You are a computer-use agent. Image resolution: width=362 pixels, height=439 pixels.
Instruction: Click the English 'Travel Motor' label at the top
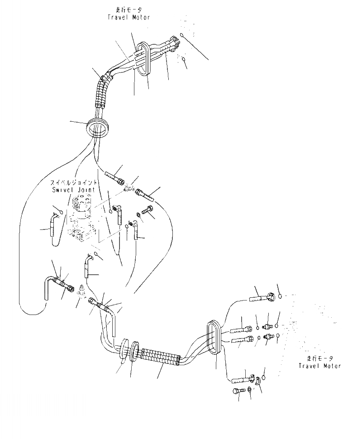click(129, 17)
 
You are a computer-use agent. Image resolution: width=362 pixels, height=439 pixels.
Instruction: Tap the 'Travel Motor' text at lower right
click(320, 366)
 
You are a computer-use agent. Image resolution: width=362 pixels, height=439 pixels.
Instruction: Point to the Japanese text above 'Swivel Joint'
click(73, 182)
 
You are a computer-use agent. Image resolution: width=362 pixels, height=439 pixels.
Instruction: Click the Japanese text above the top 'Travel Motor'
click(129, 10)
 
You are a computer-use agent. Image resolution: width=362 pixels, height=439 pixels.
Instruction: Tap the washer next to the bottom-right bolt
click(250, 390)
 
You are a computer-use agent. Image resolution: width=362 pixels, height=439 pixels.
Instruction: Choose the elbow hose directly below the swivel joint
click(87, 267)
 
